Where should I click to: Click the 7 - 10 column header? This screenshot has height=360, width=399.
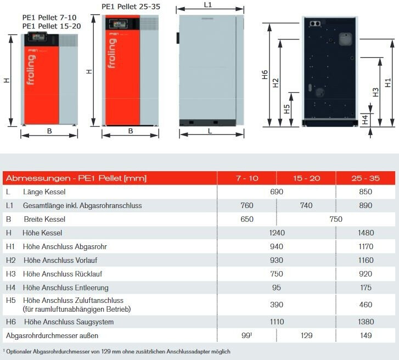click(x=246, y=178)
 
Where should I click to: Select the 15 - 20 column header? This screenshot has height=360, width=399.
click(x=306, y=178)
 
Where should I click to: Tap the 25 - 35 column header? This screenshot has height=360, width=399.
click(x=365, y=178)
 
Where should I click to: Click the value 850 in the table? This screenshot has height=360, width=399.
click(x=365, y=192)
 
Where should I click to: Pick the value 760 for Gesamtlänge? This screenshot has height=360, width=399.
click(x=247, y=206)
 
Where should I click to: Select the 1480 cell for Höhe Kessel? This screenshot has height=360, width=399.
click(x=365, y=233)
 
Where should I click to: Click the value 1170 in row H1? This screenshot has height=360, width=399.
click(x=365, y=247)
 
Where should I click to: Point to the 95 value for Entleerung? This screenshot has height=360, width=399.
click(x=277, y=288)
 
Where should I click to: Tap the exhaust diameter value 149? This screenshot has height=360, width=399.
click(x=365, y=335)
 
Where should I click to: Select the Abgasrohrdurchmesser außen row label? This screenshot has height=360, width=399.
click(x=53, y=335)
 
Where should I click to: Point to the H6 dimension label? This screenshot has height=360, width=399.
click(x=265, y=75)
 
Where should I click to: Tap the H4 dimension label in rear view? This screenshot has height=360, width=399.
click(x=365, y=120)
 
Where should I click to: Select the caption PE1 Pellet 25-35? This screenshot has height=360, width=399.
click(x=131, y=7)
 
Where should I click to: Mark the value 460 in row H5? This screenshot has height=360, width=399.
click(x=365, y=305)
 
